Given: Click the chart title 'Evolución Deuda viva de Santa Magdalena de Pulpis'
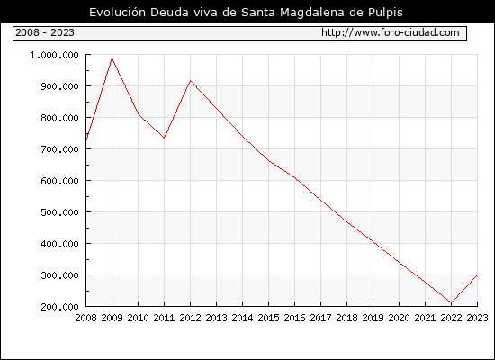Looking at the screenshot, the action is [x=246, y=13].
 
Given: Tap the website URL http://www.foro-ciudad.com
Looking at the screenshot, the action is [x=391, y=32].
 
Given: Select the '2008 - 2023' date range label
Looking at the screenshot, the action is [x=45, y=32].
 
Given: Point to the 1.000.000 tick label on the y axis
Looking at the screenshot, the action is [x=54, y=55].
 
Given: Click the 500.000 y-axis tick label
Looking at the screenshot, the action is [x=59, y=212].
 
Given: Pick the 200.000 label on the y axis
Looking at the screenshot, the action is [x=59, y=307].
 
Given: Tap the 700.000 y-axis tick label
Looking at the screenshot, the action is [x=59, y=149].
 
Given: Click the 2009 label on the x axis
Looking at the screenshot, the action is [x=112, y=318].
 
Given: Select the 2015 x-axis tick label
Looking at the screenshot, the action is [x=269, y=318].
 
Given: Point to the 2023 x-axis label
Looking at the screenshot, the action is [x=477, y=318].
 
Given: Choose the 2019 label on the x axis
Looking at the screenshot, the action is [x=373, y=318].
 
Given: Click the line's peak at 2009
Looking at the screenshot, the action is [x=112, y=58].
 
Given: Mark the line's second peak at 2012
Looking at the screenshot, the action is [x=190, y=81].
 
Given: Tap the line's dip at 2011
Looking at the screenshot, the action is [x=164, y=138].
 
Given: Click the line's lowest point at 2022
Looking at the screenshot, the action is [x=452, y=302].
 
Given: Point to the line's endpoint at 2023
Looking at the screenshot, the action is [x=477, y=275].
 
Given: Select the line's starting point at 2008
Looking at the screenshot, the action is [x=86, y=140].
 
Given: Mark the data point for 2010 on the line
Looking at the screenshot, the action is [x=139, y=114].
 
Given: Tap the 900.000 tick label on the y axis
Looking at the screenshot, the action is [x=59, y=86].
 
